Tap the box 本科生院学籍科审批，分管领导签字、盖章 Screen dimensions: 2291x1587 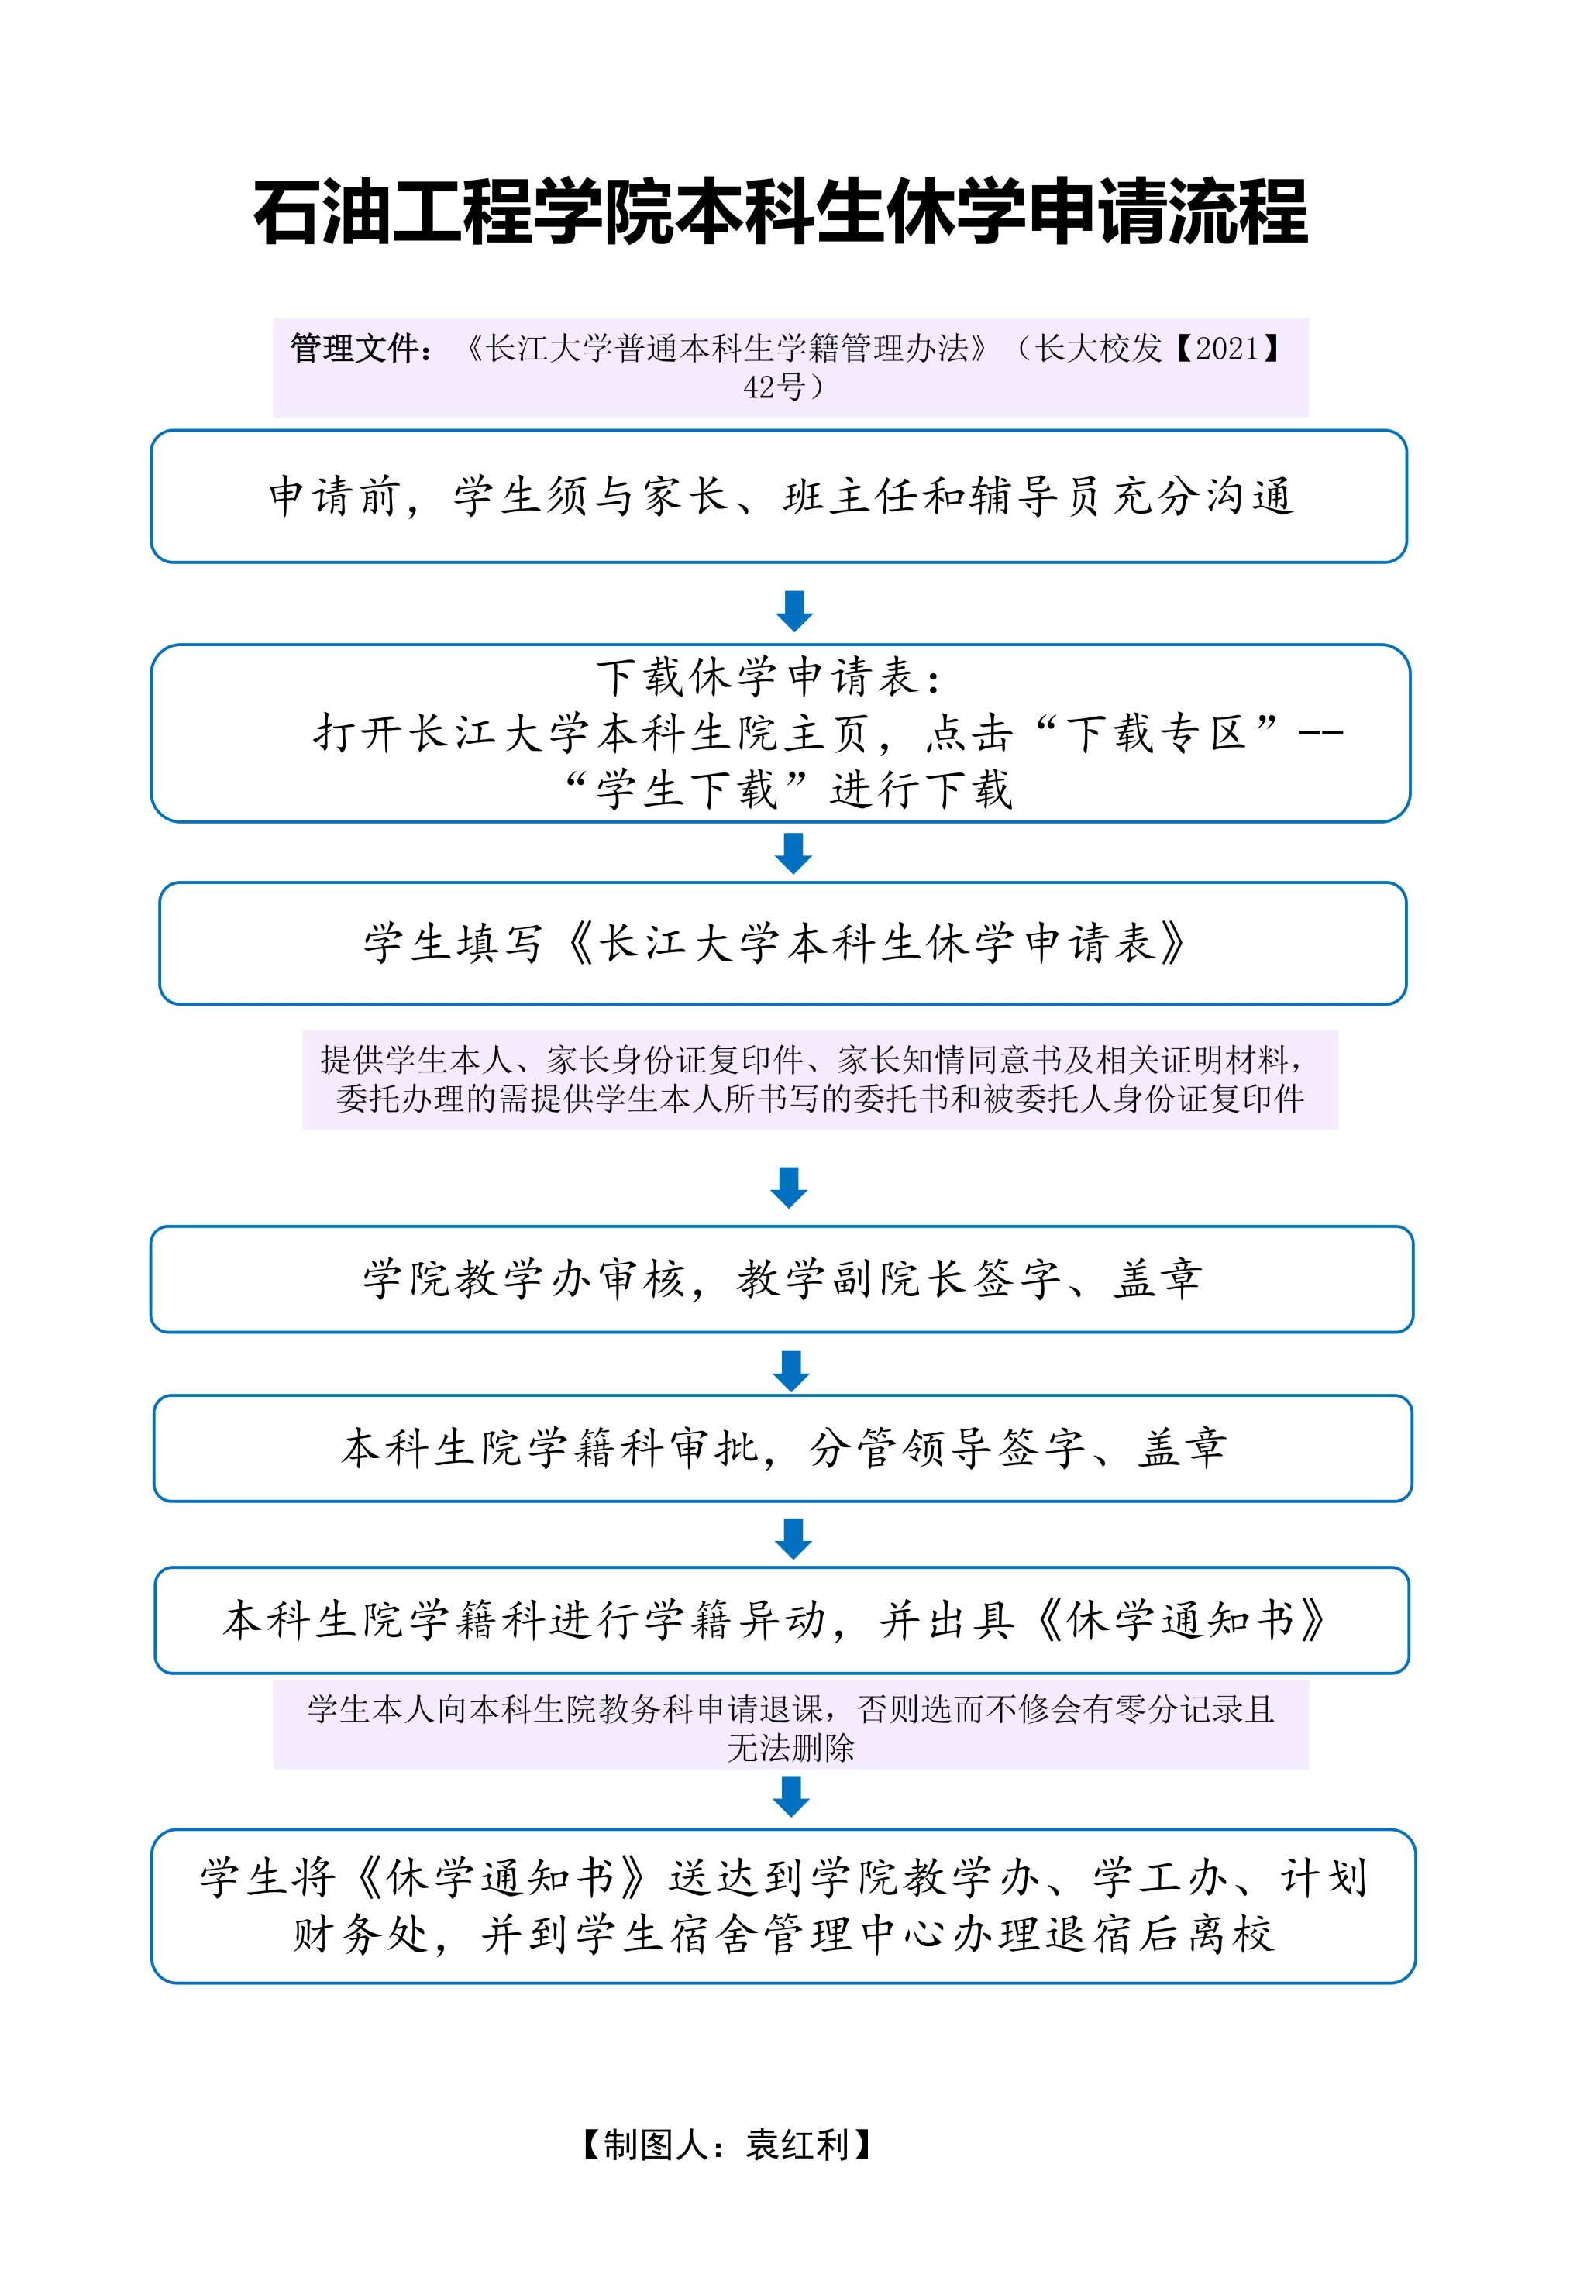(x=783, y=1448)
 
